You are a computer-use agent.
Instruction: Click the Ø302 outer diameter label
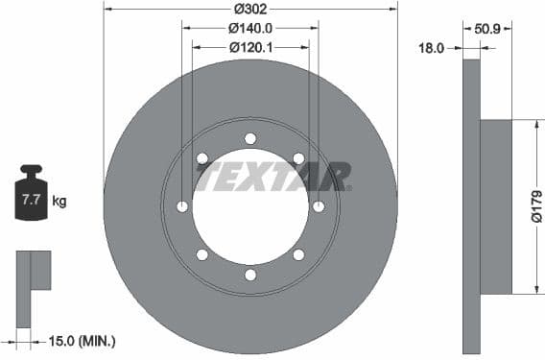249,10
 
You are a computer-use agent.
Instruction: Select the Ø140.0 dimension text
249,28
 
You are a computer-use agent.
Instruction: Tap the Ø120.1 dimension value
249,46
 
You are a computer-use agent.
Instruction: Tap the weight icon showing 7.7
31,196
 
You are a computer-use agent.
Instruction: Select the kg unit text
59,202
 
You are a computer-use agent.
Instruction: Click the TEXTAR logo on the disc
272,178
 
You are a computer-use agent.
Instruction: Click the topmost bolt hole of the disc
250,138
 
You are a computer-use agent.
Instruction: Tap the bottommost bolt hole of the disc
250,275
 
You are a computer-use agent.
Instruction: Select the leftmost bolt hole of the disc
182,206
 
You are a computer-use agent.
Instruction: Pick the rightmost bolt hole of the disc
319,206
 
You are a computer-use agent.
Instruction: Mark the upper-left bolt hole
202,158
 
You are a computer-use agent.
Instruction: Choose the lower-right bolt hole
298,254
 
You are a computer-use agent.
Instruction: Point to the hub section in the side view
495,206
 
